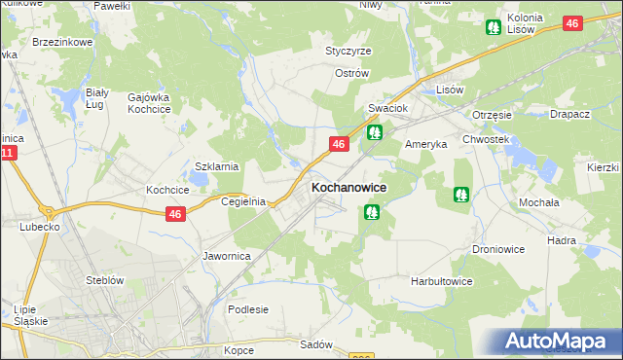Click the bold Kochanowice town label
click(x=348, y=187)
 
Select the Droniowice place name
click(x=499, y=249)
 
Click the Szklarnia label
click(x=217, y=166)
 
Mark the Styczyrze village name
click(x=348, y=51)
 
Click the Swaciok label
click(x=386, y=109)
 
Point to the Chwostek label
click(x=487, y=139)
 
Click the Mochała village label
click(x=537, y=202)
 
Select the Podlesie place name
click(x=247, y=309)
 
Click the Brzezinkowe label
click(x=61, y=43)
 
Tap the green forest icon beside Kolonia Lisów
click(x=494, y=27)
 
